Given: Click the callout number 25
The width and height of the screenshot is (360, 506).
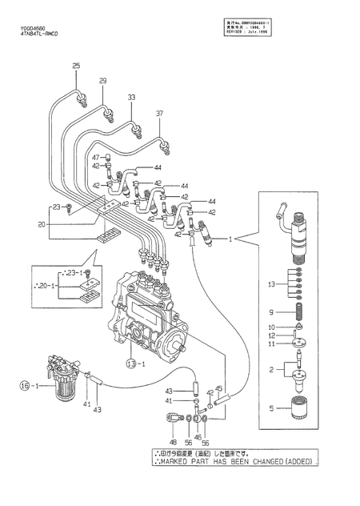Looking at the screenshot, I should tap(77, 65).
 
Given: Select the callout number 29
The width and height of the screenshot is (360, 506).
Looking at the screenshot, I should tap(102, 81).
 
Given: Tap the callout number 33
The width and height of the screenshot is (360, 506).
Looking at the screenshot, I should tap(131, 97).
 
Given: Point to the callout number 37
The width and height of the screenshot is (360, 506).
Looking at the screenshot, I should tap(158, 113).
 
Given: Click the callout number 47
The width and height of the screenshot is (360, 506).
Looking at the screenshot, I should tap(95, 156).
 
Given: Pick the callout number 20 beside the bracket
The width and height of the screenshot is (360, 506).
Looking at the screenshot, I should tap(42, 225).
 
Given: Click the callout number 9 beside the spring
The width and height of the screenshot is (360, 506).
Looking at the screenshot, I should tap(271, 311).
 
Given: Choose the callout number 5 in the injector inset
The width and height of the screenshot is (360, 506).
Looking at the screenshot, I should tap(271, 408).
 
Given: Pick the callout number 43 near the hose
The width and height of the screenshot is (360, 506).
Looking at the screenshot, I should tap(98, 411).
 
